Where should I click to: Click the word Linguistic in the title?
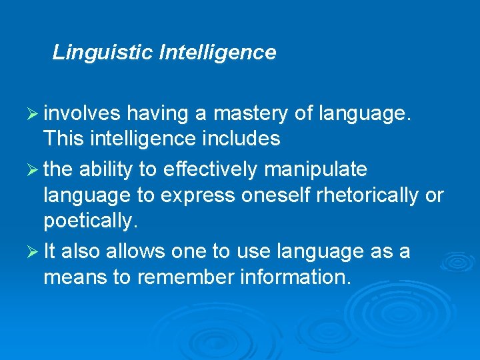click(103, 52)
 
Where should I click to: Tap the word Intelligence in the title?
click(217, 52)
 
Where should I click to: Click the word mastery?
click(252, 114)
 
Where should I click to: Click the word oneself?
click(273, 195)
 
